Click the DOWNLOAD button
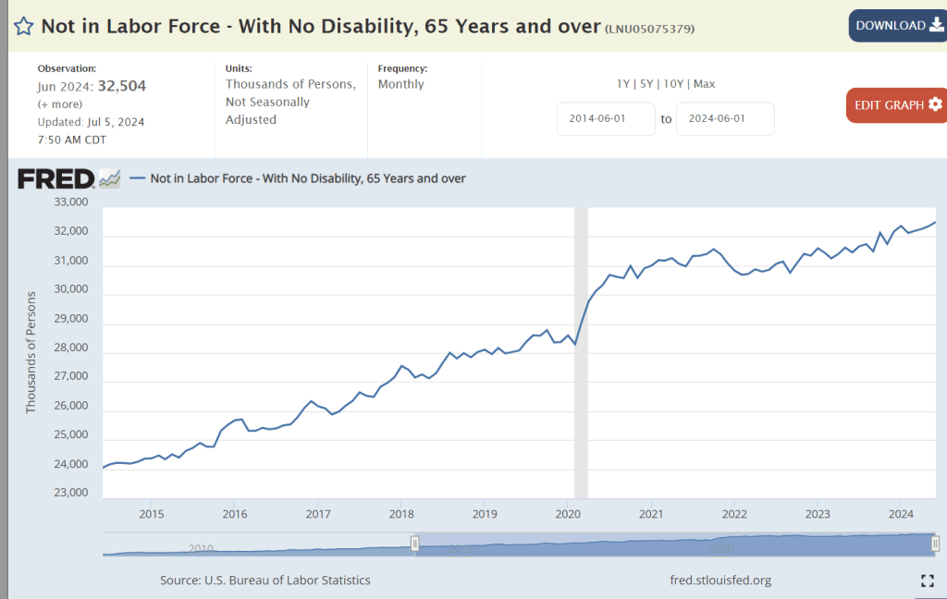click(x=892, y=26)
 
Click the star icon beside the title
click(x=23, y=26)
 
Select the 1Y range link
click(x=624, y=84)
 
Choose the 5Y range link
click(x=646, y=84)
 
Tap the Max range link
click(x=704, y=84)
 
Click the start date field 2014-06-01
click(x=606, y=119)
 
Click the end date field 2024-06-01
click(x=725, y=119)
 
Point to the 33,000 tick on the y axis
click(x=71, y=202)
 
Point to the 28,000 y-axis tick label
click(x=71, y=348)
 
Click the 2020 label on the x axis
click(x=567, y=513)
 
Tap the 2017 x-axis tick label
click(x=318, y=513)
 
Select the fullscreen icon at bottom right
click(x=928, y=581)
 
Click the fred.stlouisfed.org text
click(x=720, y=581)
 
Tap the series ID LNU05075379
click(x=650, y=29)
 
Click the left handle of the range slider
click(x=415, y=544)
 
